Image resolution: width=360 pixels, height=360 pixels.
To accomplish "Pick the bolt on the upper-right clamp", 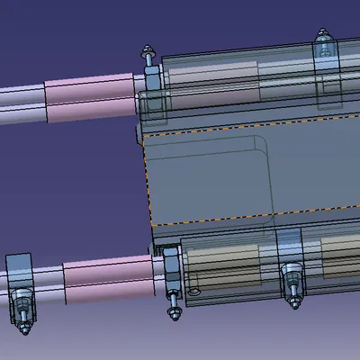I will click(x=322, y=40).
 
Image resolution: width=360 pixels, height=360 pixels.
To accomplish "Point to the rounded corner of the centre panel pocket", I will click(x=261, y=147).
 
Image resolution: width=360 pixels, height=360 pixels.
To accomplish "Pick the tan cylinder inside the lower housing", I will click(x=225, y=263).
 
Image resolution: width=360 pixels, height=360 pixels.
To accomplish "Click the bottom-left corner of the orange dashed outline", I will click(x=152, y=224).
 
